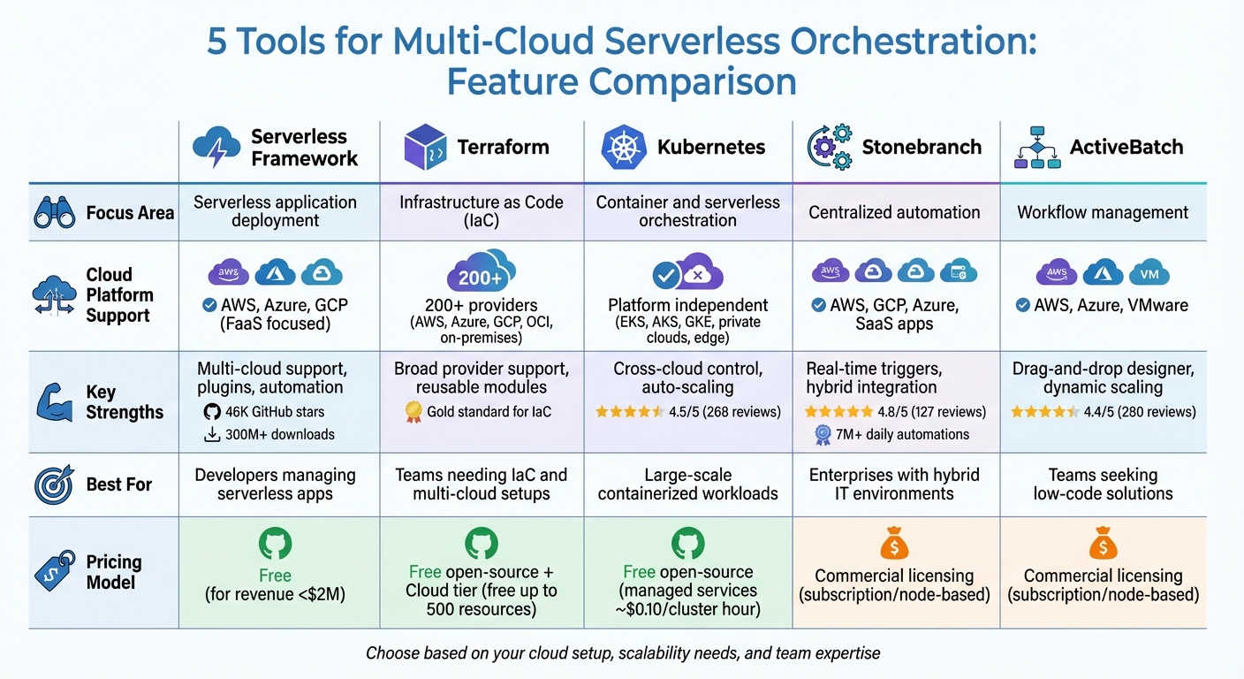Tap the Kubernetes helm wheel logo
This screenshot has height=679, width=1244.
[x=625, y=148]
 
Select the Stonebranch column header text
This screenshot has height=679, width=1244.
[x=922, y=147]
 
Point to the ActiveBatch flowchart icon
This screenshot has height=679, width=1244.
[x=1037, y=147]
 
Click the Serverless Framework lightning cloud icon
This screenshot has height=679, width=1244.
[x=216, y=147]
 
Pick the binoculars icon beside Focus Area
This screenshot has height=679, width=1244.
[x=55, y=212]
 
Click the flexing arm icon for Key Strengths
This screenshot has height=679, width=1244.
[x=55, y=401]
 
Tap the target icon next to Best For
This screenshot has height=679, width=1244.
[x=55, y=484]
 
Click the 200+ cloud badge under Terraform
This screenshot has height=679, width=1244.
[x=482, y=273]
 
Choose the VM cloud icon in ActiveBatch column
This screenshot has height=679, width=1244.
[x=1149, y=273]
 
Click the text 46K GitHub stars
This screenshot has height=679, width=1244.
[x=274, y=411]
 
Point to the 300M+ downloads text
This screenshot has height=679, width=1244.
[x=279, y=434]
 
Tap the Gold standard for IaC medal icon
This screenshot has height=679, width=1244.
[x=413, y=411]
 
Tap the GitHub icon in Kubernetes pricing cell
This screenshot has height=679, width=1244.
[x=687, y=542]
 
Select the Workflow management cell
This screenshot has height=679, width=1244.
[x=1103, y=212]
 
